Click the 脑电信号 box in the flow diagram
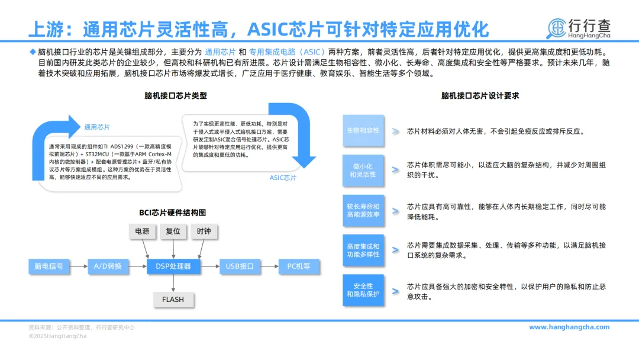[x=49, y=266]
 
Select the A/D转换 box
[x=108, y=266]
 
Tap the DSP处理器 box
[x=173, y=266]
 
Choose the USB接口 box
[x=240, y=266]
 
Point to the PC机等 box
[x=299, y=266]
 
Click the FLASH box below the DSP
[x=173, y=299]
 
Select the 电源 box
[x=142, y=231]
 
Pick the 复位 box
[x=173, y=231]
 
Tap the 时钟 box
[x=204, y=231]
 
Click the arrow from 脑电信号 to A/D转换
[x=79, y=266]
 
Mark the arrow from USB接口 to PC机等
[x=269, y=266]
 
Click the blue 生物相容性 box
[x=363, y=130]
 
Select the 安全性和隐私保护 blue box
[x=363, y=290]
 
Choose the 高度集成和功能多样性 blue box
[x=363, y=250]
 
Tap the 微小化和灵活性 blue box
[x=363, y=171]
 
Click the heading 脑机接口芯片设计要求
[x=480, y=95]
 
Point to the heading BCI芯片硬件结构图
[x=173, y=213]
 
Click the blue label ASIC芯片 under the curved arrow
[x=283, y=178]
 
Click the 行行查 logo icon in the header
[x=556, y=28]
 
